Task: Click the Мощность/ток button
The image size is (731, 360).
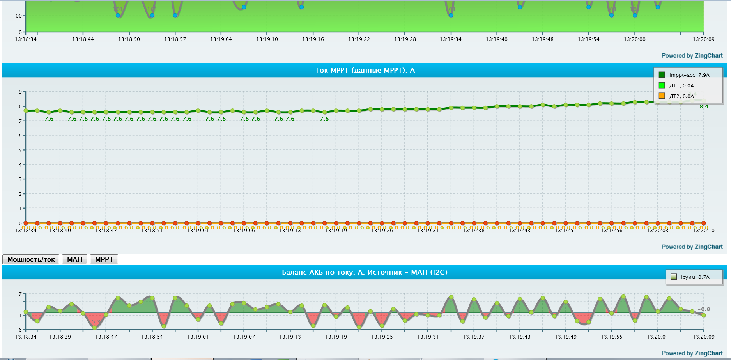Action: tap(31, 259)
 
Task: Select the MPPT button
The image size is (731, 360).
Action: tap(104, 259)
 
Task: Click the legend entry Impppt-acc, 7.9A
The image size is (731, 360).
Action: tap(689, 75)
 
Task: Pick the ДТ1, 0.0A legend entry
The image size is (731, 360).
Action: tap(681, 85)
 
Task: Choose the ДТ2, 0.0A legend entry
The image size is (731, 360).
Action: tap(681, 96)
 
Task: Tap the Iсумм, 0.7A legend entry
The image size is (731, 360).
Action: tap(695, 277)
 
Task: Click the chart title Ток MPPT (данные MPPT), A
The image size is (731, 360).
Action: tap(365, 70)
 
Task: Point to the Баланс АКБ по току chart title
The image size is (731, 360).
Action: tap(365, 272)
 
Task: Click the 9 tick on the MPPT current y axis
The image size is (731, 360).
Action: tap(20, 92)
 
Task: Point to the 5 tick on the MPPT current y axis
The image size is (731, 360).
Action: tap(20, 150)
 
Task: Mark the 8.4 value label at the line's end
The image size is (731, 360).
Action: tap(704, 107)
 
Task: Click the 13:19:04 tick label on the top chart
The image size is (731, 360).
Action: tap(221, 39)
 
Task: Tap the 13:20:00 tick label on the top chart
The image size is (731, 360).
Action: tap(635, 39)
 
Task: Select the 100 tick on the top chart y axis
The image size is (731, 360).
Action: tap(17, 16)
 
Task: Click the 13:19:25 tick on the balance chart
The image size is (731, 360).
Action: tap(382, 337)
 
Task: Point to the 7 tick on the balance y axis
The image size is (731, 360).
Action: tap(20, 294)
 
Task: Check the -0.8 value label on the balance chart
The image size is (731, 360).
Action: tap(704, 309)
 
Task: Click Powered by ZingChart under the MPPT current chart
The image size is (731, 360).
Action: tap(692, 247)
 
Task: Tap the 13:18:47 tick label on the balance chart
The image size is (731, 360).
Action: tap(106, 337)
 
